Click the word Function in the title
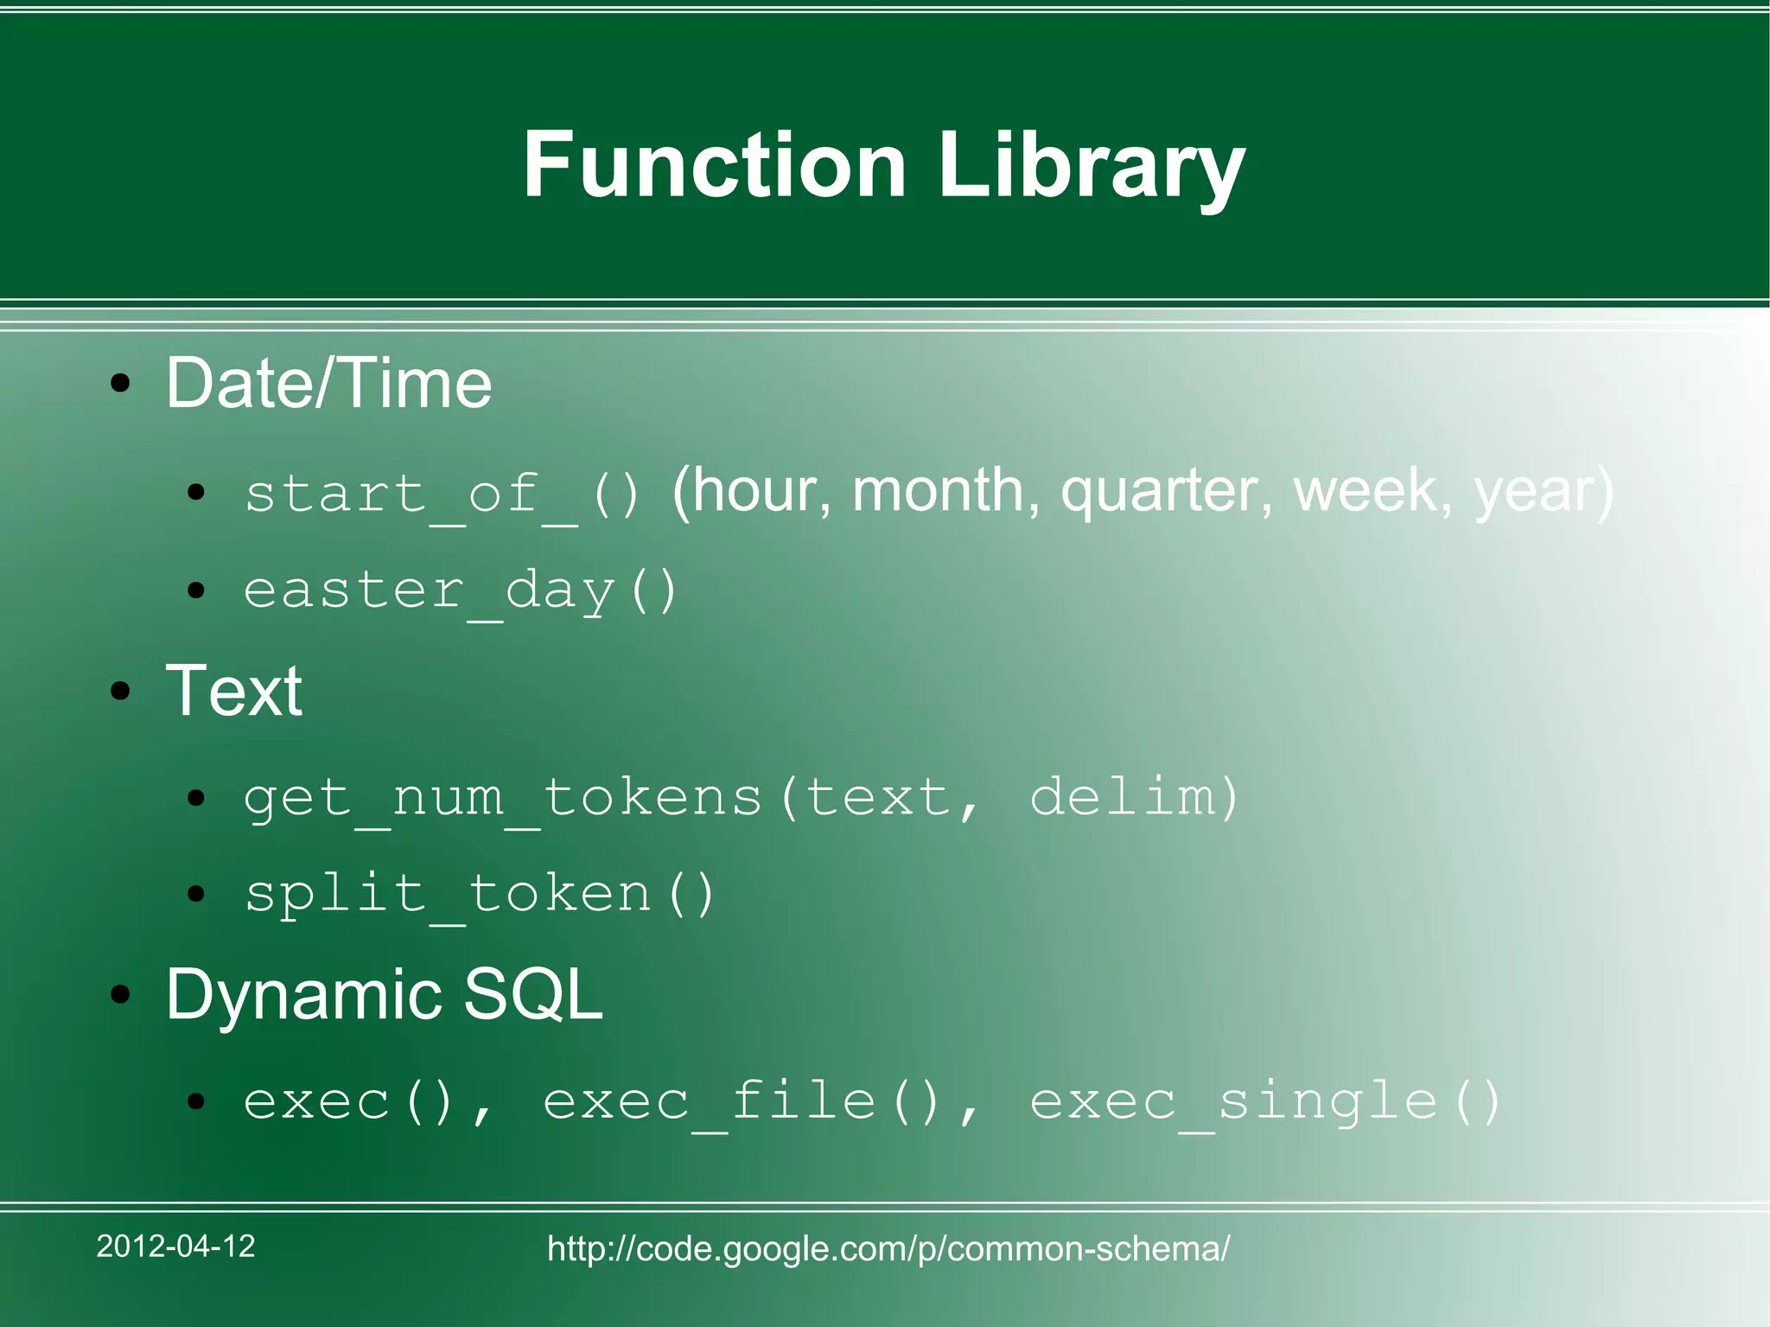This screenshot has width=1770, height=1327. pos(715,164)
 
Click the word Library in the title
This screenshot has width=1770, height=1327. pos(1091,164)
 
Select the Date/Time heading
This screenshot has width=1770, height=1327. pos(328,383)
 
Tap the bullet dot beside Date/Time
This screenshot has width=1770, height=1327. pos(121,384)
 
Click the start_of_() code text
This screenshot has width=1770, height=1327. pos(442,494)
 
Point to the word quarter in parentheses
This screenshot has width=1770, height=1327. pos(1167,491)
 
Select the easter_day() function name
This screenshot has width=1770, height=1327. pos(460,590)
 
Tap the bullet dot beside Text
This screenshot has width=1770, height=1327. pos(121,691)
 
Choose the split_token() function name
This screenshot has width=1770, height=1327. pos(479,893)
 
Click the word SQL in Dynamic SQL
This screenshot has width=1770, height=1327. pos(532,994)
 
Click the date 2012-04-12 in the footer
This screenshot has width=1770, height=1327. pos(175,1246)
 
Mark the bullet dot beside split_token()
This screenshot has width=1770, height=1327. pos(197,894)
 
